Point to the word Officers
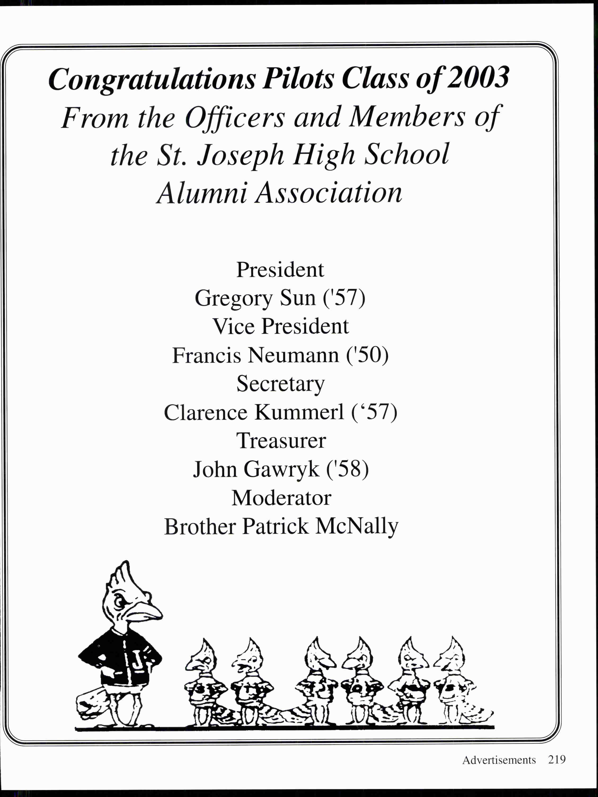coord(235,118)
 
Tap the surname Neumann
coord(293,355)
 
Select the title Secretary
coord(280,384)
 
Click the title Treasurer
coord(281,441)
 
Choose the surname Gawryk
coord(281,469)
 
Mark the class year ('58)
coord(347,469)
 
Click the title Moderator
coord(281,498)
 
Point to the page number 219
coord(557,760)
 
